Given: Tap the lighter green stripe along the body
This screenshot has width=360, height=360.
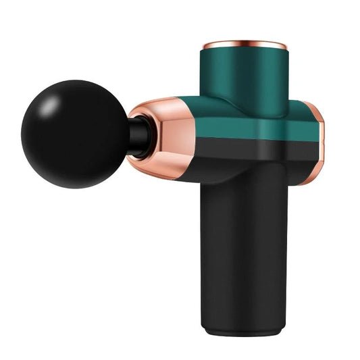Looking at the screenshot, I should tap(257, 128).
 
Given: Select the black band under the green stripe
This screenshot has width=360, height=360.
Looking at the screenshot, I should tap(257, 151).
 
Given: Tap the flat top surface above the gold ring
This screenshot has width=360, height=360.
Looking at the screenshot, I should tap(245, 41).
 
